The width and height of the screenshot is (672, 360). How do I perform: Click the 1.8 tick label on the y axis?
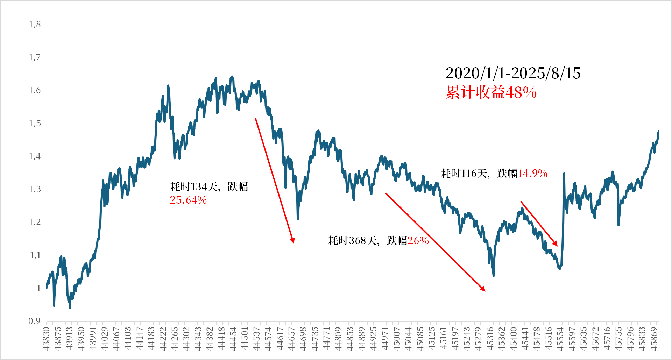pyautogui.click(x=35, y=24)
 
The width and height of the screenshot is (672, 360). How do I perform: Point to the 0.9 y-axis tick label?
pyautogui.click(x=35, y=321)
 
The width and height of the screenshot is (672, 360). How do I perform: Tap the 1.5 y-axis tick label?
pyautogui.click(x=35, y=123)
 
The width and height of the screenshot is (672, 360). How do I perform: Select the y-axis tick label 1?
pyautogui.click(x=39, y=288)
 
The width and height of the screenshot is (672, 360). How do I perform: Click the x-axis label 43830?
pyautogui.click(x=47, y=339)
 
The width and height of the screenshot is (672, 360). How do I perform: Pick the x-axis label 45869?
pyautogui.click(x=654, y=339)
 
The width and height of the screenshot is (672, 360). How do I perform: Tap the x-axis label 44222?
pyautogui.click(x=163, y=339)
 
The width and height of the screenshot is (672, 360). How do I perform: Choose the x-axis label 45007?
pyautogui.click(x=397, y=339)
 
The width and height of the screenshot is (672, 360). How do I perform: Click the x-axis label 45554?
pyautogui.click(x=560, y=339)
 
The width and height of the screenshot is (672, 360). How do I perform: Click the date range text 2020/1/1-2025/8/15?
pyautogui.click(x=513, y=73)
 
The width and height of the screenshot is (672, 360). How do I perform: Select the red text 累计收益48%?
pyautogui.click(x=491, y=92)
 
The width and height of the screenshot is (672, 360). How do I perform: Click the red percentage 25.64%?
pyautogui.click(x=188, y=200)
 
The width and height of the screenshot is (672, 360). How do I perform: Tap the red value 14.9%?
pyautogui.click(x=532, y=174)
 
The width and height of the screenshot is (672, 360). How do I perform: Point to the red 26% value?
pyautogui.click(x=418, y=241)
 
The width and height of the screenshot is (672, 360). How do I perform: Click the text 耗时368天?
pyautogui.click(x=352, y=241)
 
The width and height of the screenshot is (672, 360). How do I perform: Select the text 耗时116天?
pyautogui.click(x=464, y=174)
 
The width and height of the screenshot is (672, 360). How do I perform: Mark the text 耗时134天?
pyautogui.click(x=194, y=187)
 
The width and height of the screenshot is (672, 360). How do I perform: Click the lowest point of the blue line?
pyautogui.click(x=70, y=308)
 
